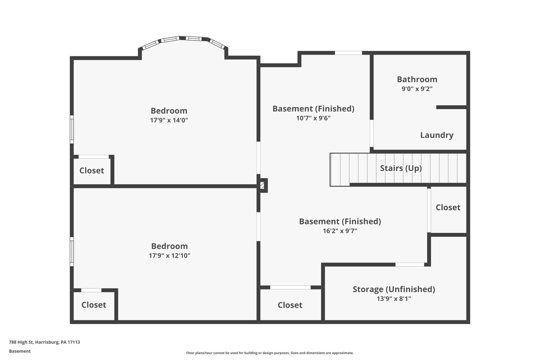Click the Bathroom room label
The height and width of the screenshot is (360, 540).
pos(417,79)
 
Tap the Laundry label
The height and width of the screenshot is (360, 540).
pos(436,135)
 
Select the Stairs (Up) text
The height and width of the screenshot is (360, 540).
pos(401,168)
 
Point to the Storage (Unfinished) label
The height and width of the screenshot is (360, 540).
pos(394,289)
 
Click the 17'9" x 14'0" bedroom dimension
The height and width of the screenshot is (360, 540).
pos(169,120)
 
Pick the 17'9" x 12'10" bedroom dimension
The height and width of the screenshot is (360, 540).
pos(169,255)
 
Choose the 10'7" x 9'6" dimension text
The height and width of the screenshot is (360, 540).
pos(313,118)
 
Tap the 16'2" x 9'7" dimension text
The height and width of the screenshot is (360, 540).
pos(340,231)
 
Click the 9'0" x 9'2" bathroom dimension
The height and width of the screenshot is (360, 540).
pos(417,89)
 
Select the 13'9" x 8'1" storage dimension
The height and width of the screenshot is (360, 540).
pos(394,299)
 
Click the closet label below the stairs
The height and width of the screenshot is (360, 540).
pos(448,207)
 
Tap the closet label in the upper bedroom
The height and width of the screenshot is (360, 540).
pos(91,170)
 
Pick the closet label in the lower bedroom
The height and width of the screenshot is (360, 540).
pos(93,305)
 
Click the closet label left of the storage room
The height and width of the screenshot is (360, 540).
pos(290,305)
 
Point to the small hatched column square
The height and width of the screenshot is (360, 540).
pos(262,185)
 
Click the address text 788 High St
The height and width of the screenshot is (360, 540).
pos(44,342)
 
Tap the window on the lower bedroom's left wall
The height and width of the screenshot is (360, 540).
pos(72,251)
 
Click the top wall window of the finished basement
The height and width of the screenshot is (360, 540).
pos(348,53)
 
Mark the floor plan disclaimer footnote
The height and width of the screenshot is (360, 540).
pos(270,353)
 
